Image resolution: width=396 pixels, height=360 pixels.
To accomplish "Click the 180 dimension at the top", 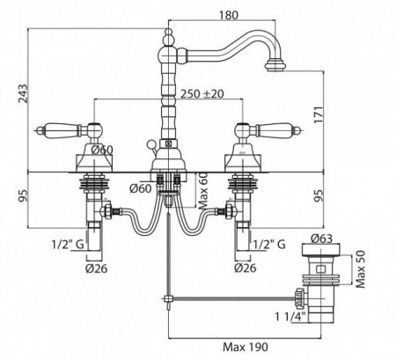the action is pyautogui.click(x=229, y=15).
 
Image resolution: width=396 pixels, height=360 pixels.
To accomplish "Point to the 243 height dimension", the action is pyautogui.click(x=23, y=93).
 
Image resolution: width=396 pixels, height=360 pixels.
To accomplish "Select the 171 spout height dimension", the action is pyautogui.click(x=319, y=115).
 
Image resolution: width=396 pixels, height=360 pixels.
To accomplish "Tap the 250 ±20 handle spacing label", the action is pyautogui.click(x=202, y=94).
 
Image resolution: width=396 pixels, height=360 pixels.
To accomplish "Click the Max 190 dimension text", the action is pyautogui.click(x=246, y=347).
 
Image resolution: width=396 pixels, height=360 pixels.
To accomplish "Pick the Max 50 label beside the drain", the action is pyautogui.click(x=361, y=269).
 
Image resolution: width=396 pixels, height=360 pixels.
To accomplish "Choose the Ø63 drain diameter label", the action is pyautogui.click(x=321, y=239).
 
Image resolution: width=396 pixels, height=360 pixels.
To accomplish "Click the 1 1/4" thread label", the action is pyautogui.click(x=290, y=317).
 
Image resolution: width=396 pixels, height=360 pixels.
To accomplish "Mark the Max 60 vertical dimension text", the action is pyautogui.click(x=203, y=191).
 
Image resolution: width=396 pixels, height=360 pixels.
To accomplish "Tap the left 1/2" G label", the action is pyautogui.click(x=68, y=244).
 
